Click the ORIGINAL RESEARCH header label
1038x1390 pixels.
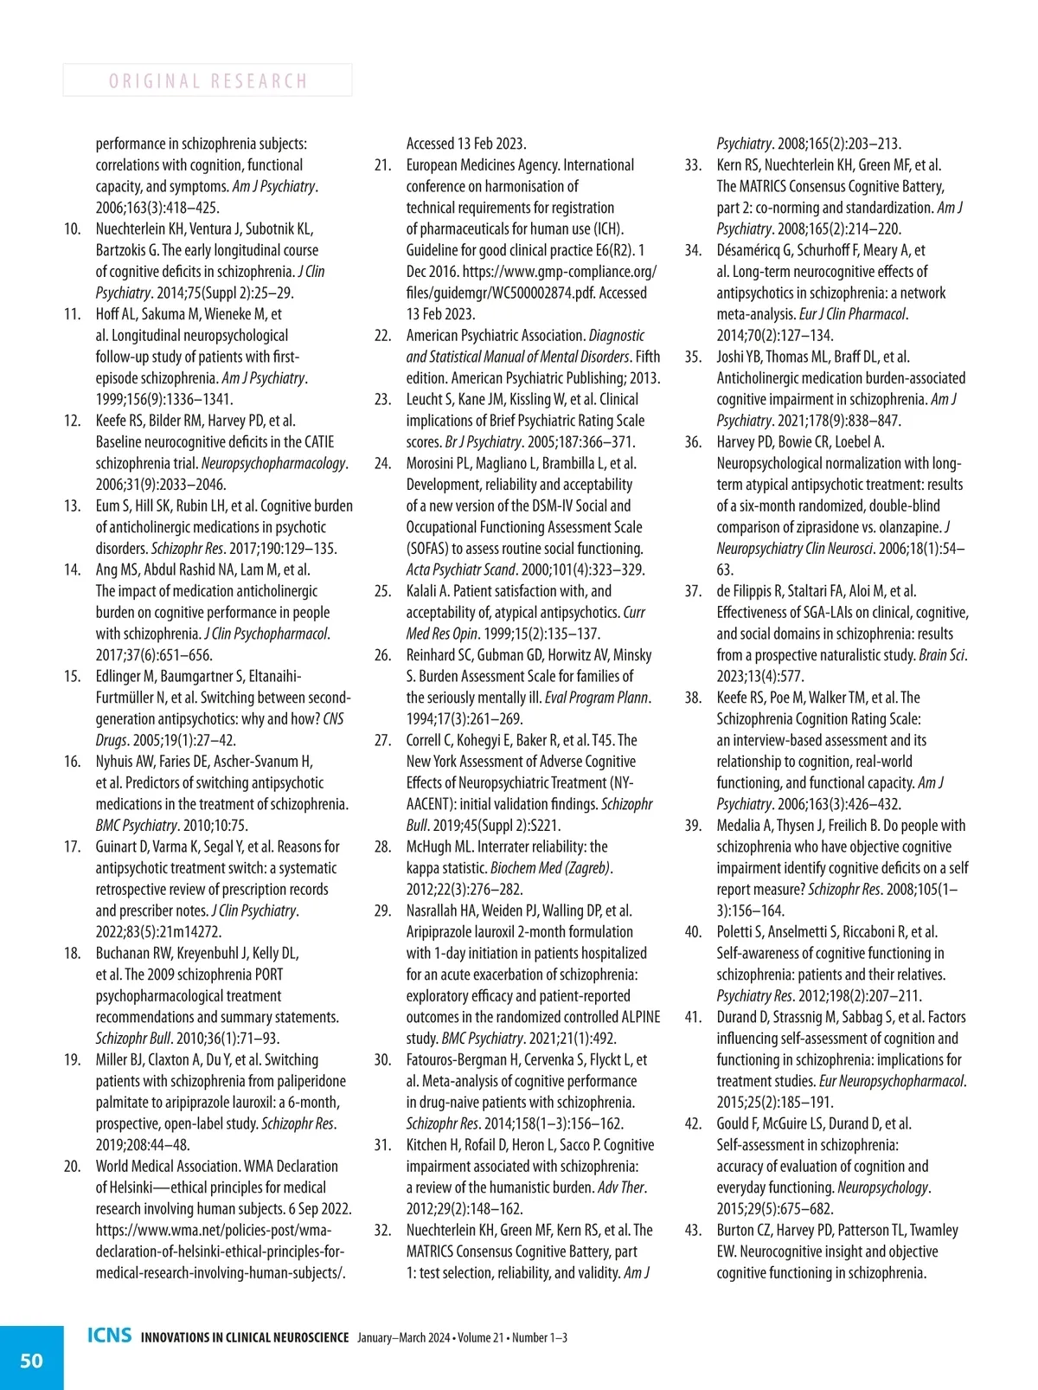point(208,81)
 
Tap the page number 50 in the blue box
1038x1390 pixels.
point(31,1361)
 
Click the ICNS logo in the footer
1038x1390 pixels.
point(110,1335)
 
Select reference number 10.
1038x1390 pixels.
point(73,229)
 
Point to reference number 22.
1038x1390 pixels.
point(382,336)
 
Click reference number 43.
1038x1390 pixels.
point(693,1231)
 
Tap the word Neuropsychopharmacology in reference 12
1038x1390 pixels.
point(273,464)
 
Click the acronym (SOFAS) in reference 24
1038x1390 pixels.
point(427,549)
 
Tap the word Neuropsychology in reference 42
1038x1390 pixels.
point(882,1187)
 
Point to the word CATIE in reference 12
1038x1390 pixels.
point(316,442)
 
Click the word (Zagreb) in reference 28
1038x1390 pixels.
point(583,868)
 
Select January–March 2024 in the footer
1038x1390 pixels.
point(403,1338)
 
